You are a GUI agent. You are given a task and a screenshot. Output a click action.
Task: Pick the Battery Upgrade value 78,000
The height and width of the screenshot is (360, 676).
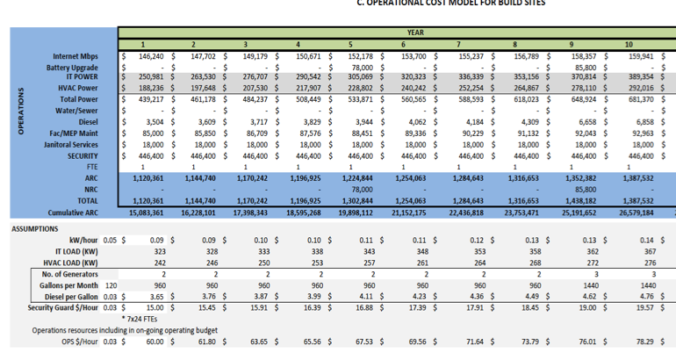[357, 67]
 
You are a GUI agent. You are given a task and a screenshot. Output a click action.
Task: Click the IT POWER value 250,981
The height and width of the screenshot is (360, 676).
[156, 77]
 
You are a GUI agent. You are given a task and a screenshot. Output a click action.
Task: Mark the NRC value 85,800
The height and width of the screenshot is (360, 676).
[586, 189]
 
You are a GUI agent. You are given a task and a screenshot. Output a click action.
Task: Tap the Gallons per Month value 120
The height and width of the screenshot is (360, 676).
[110, 285]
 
